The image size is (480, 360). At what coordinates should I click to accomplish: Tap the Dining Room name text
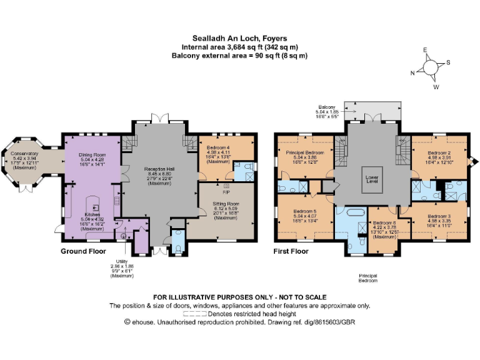[92, 154]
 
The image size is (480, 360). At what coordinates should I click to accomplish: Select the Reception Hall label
[157, 169]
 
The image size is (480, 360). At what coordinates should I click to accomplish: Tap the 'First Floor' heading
[292, 251]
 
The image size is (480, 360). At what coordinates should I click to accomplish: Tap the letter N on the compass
[411, 72]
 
